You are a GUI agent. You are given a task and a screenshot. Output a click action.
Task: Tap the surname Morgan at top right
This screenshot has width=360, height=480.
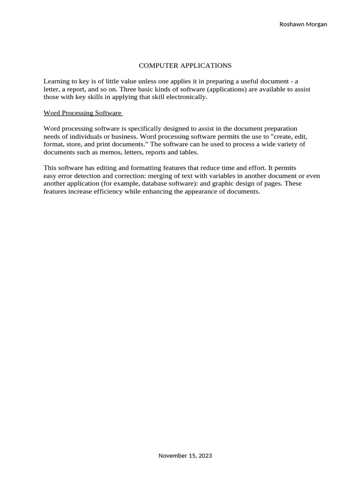[316, 24]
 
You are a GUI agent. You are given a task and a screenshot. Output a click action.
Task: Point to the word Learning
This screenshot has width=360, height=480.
[56, 82]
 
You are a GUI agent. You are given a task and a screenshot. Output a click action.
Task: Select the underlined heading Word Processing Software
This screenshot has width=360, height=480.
[82, 113]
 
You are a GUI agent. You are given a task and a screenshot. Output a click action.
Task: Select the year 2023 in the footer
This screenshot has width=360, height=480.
[205, 456]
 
